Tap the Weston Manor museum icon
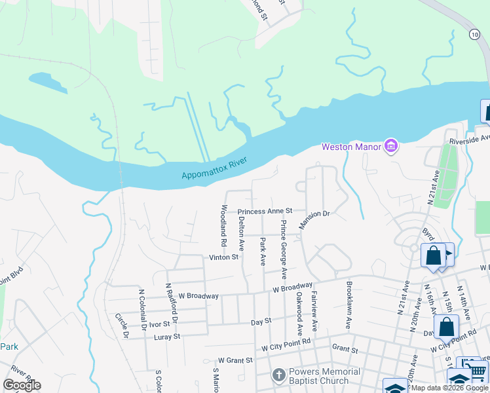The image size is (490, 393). pos(391,145)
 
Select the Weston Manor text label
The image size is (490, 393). pos(350,146)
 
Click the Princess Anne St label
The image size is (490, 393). pos(264,212)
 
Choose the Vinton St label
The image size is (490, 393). pos(223,257)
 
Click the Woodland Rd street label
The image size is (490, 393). pos(224,225)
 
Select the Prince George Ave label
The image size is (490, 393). pos(284,249)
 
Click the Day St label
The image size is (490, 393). pos(261,322)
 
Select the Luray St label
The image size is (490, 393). pos(167,337)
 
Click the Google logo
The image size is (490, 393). pos(22,385)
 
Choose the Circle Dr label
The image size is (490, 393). pos(122,326)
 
